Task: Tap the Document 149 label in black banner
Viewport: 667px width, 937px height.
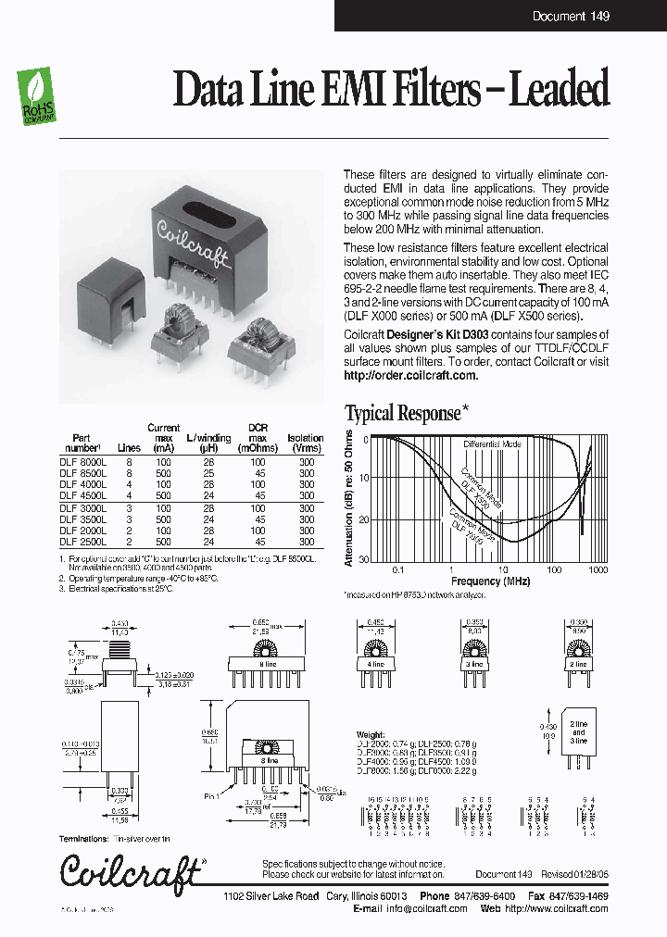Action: coord(571,16)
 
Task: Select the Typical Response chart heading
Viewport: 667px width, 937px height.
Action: coord(402,413)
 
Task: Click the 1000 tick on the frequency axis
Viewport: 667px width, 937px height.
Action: coord(597,569)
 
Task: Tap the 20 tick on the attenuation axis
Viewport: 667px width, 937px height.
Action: coord(364,519)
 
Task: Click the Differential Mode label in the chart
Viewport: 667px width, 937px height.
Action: coord(493,444)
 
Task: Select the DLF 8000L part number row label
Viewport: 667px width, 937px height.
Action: coord(83,460)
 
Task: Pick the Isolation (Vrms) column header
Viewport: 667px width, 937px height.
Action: coord(306,443)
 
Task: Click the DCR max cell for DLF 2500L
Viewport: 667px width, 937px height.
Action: coord(258,542)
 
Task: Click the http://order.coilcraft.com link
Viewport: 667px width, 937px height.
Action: coord(410,375)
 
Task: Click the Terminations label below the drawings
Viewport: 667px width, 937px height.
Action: coord(87,839)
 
